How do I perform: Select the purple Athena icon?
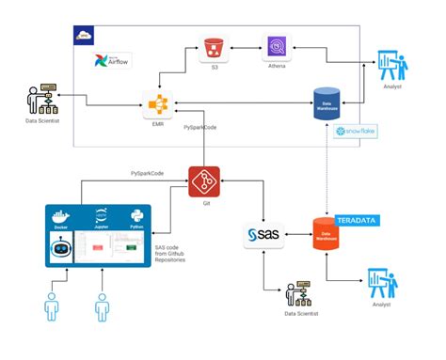coord(279,48)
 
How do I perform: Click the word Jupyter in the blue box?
coord(103,226)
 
